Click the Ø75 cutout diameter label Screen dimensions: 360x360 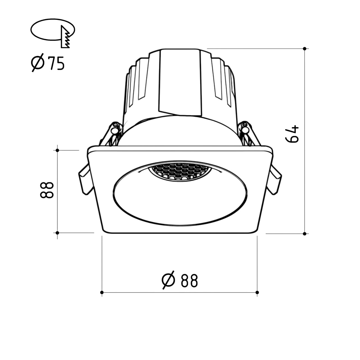48,63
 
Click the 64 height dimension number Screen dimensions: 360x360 292,134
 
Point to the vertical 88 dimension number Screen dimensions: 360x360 47,190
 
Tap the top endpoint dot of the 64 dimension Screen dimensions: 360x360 305,49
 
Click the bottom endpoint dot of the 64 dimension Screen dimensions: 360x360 305,234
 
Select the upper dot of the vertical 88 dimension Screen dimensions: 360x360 57,150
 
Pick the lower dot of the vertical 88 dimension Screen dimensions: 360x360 57,233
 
